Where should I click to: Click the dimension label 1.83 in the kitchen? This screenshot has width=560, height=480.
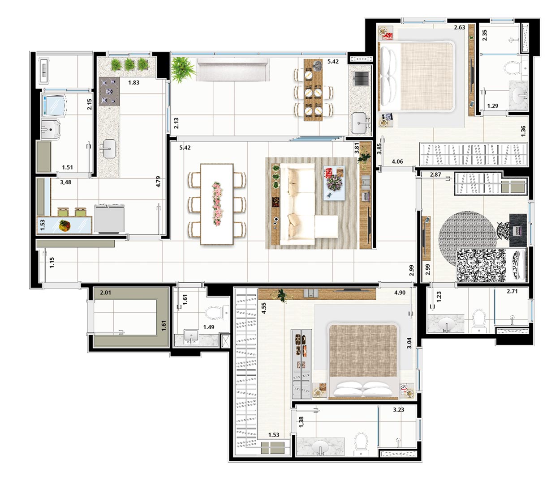[x=134, y=82]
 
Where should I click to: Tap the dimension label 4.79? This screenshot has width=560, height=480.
[x=158, y=182]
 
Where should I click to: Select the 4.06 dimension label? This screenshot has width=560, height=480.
[x=397, y=161]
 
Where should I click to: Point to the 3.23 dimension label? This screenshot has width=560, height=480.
[x=399, y=410]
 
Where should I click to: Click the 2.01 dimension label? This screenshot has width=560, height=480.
[x=105, y=293]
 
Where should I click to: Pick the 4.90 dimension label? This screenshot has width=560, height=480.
[x=400, y=293]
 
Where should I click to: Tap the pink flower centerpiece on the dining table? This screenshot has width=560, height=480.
[x=217, y=204]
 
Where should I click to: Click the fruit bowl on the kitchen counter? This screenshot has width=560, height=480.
[x=65, y=225]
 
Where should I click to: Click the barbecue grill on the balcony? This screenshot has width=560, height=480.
[x=361, y=79]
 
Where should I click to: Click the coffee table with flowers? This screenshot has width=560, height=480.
[x=334, y=183]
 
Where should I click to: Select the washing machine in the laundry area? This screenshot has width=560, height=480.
[x=54, y=105]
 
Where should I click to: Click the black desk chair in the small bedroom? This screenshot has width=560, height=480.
[x=503, y=229]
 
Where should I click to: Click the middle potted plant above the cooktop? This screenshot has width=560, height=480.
[x=129, y=65]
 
